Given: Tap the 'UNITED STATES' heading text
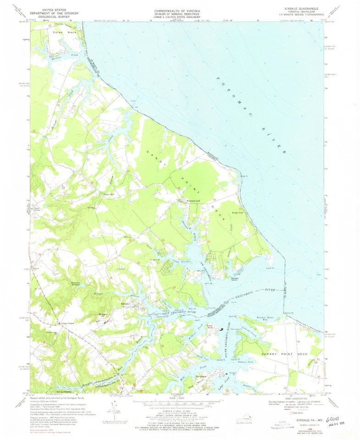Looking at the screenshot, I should pos(58,8).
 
